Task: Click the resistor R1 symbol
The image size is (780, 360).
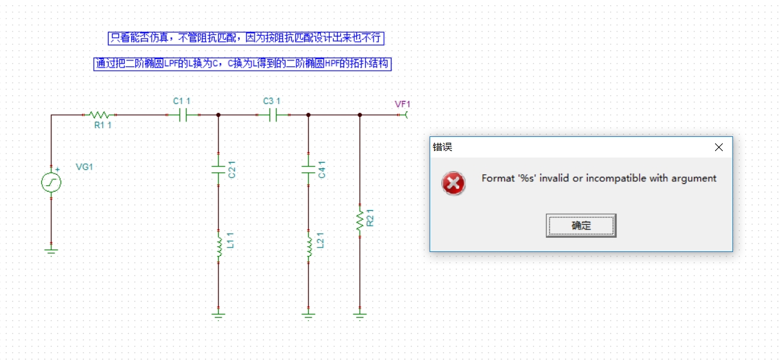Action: point(98,115)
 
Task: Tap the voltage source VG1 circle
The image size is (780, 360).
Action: point(51,183)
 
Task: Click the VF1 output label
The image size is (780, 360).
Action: point(403,104)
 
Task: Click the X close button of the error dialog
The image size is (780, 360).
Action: point(719,147)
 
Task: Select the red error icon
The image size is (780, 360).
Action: point(453,183)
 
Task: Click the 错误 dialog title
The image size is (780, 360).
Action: point(442,147)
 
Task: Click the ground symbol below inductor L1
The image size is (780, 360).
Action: point(219,314)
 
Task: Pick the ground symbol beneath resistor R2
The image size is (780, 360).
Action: point(359,314)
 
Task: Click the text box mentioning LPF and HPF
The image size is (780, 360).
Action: point(242,64)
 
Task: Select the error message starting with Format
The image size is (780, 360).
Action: point(599,179)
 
